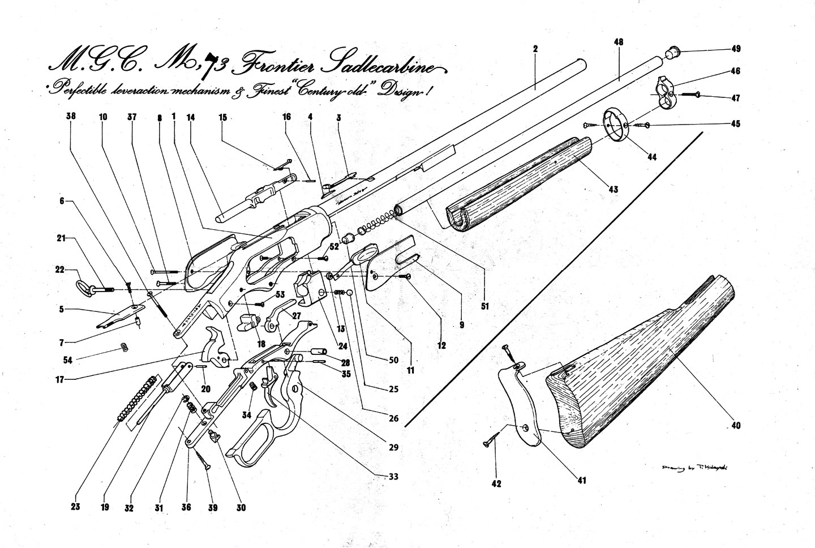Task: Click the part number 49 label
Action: tap(736, 49)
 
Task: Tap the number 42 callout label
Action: tap(496, 483)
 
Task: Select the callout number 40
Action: tap(735, 425)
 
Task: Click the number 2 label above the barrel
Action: tap(535, 49)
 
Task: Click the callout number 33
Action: tap(393, 477)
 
